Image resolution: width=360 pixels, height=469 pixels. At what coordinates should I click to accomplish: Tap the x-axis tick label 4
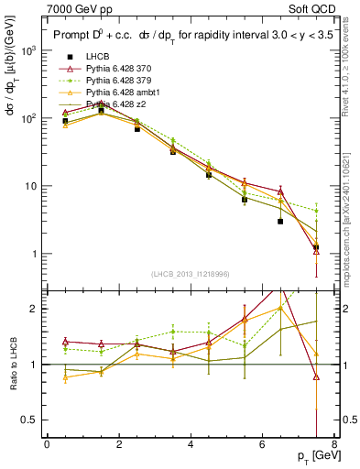[191, 444]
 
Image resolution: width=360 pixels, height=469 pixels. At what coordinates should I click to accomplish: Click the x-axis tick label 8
[334, 444]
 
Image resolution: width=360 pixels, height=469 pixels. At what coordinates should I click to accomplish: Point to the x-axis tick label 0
[47, 444]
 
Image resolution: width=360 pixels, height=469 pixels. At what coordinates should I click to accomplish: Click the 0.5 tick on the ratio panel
[31, 420]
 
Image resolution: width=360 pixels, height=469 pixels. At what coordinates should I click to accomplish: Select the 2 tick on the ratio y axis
[36, 309]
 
